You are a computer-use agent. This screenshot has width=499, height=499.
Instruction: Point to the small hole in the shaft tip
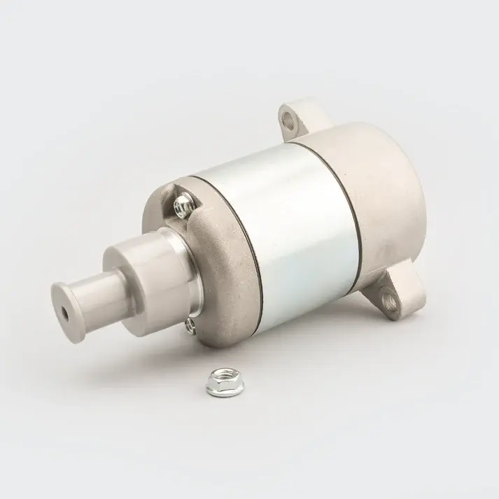point(66,309)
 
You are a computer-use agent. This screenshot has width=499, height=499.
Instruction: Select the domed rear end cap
point(392,196)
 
